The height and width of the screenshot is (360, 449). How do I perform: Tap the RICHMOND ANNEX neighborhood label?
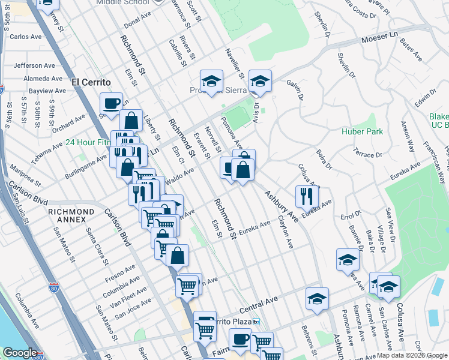(x=71, y=212)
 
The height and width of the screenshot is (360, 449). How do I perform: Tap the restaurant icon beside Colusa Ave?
(x=306, y=195)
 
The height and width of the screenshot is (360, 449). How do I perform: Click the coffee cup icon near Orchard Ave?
(x=111, y=103)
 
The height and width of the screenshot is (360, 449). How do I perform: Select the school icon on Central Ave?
(x=316, y=298)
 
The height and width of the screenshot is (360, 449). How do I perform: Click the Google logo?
(x=20, y=353)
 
